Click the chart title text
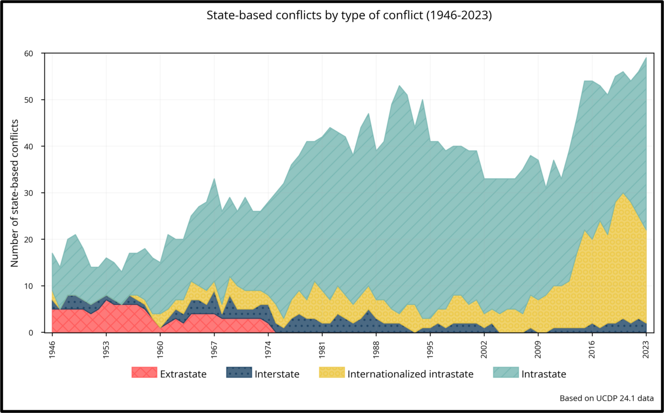(x=349, y=15)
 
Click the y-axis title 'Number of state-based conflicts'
(x=15, y=193)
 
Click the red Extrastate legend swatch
(x=144, y=373)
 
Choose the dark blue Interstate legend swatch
(x=239, y=373)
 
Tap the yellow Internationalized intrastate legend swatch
(x=332, y=373)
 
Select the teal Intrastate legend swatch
(x=506, y=373)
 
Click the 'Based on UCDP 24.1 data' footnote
(x=607, y=398)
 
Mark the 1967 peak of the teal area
(x=214, y=178)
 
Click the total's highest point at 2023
(x=646, y=58)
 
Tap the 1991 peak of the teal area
(x=399, y=86)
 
